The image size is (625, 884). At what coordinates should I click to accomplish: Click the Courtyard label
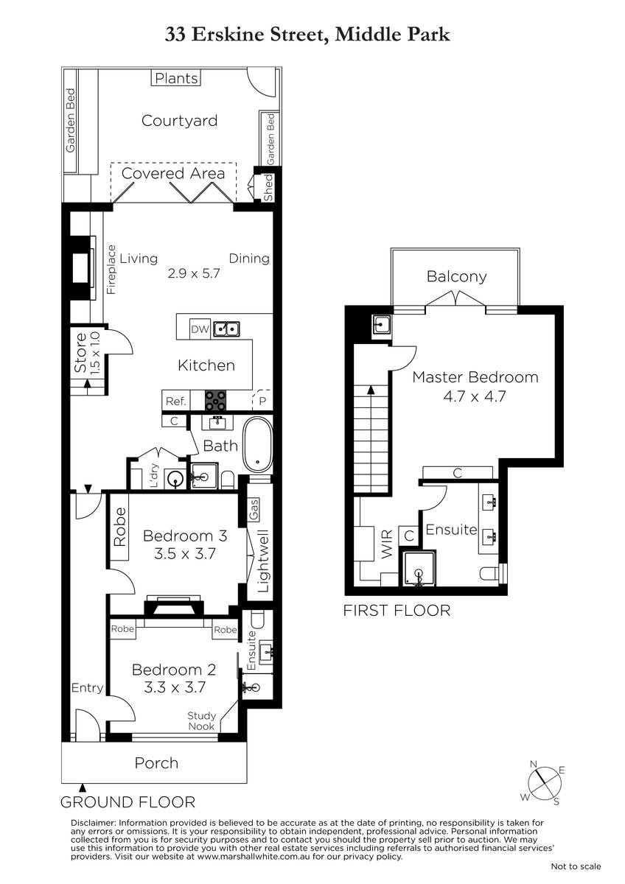pos(179,120)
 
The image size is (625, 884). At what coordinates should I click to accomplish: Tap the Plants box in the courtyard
pos(176,78)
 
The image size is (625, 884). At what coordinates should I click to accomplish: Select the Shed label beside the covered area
pos(268,187)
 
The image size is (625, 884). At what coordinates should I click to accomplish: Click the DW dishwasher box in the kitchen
pos(200,329)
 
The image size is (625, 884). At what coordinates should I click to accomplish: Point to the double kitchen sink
pos(226,329)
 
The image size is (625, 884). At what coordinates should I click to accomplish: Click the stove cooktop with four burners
pos(215,400)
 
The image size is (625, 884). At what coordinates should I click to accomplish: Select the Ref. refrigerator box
pos(176,401)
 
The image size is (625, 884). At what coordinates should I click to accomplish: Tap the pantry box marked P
pos(262,401)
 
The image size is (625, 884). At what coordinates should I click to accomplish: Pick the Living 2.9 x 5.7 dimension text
pos(193,273)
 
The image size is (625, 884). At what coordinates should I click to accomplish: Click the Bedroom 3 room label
pos(185,536)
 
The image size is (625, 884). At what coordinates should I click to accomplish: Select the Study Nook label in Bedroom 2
pos(201,721)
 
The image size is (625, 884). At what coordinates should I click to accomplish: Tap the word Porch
pos(156,763)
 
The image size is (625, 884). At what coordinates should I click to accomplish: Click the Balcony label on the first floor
pos(456,276)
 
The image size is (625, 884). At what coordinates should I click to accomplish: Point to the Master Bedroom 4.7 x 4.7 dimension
pos(475,396)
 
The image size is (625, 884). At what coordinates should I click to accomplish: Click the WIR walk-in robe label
pos(387,544)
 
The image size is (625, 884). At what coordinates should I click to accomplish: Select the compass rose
pos(545,782)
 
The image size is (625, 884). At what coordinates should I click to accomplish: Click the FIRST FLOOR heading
pos(397,611)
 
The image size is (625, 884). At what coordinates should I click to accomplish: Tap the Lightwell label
pos(263,561)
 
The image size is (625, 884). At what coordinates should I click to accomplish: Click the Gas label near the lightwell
pos(254,510)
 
